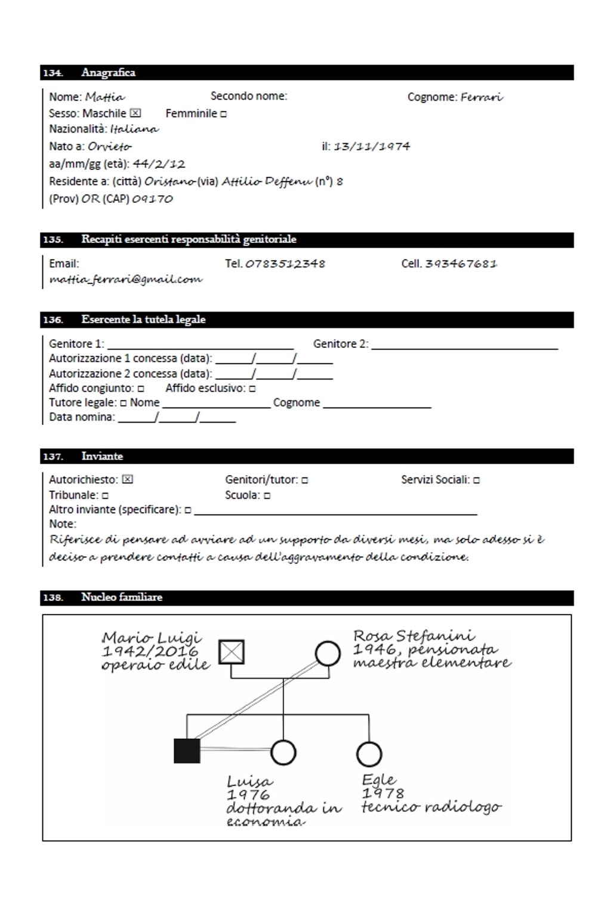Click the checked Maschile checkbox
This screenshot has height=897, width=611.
point(135,113)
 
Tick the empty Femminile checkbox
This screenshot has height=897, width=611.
point(223,114)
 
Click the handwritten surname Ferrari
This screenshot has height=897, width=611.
point(482,97)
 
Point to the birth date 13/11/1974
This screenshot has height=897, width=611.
point(372,146)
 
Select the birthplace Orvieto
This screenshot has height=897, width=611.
point(110,146)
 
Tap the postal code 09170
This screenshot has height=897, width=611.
point(152,199)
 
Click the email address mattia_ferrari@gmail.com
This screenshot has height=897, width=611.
point(126,279)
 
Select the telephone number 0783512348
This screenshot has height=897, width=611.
point(285,264)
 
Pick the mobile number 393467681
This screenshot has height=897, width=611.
point(461,264)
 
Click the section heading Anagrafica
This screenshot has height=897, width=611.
point(109,73)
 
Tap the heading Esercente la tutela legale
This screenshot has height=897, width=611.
point(143,320)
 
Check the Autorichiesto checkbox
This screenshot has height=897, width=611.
point(127,479)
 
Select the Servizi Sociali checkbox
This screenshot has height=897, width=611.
point(476,480)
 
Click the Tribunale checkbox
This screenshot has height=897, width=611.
point(105,495)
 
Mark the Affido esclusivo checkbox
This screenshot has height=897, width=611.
point(252,389)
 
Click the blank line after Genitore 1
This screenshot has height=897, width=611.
point(200,345)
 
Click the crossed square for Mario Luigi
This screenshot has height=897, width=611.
point(232,652)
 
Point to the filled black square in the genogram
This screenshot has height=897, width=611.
point(187,751)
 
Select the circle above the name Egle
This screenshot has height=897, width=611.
point(368,754)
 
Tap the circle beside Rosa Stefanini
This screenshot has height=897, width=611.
point(328,654)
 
